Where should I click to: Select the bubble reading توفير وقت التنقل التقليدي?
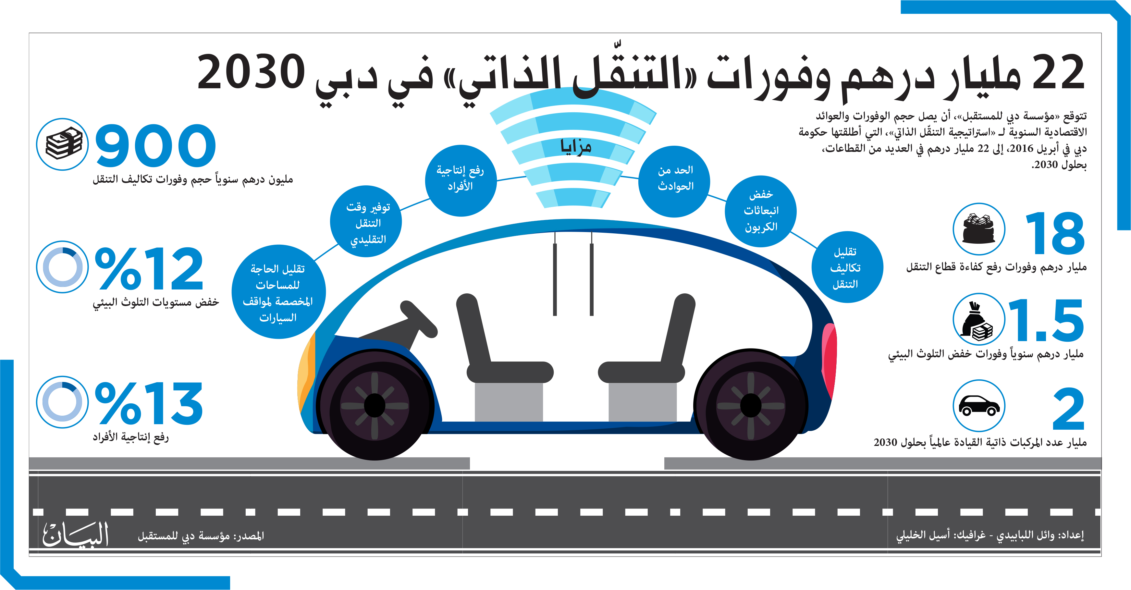pyautogui.click(x=366, y=221)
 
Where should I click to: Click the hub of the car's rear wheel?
pyautogui.click(x=750, y=406)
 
